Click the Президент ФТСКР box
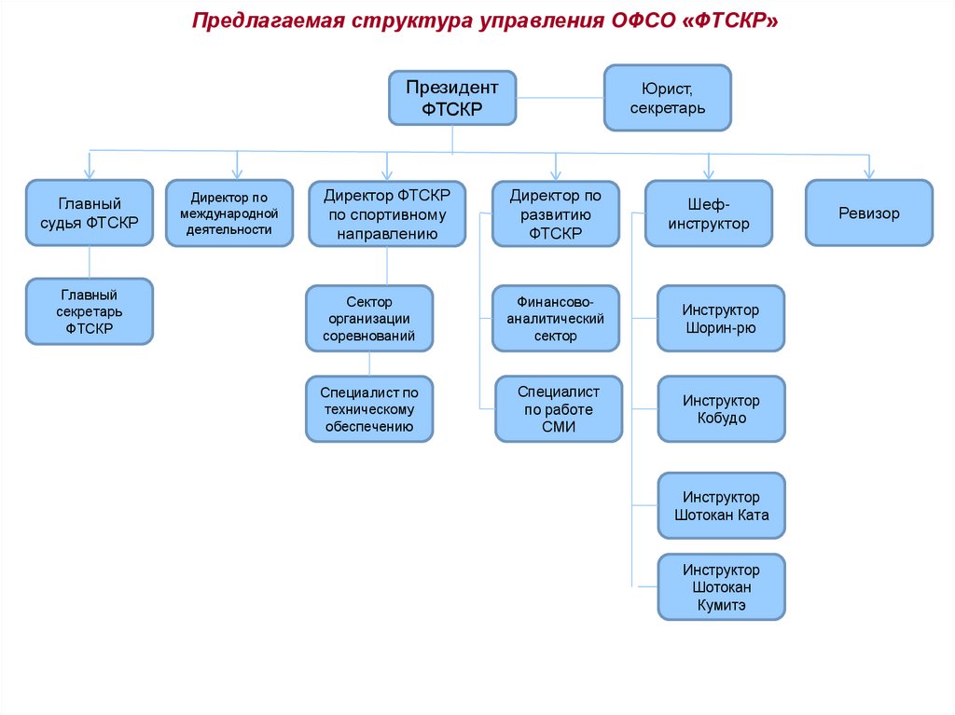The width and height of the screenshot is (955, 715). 452,98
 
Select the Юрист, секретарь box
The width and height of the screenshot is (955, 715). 667,98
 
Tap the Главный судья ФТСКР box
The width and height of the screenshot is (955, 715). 90,213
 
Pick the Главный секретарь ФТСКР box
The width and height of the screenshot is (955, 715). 90,311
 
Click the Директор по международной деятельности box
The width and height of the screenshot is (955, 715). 228,213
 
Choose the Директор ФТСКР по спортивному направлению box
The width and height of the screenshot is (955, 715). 387,213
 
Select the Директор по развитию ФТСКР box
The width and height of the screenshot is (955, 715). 556,213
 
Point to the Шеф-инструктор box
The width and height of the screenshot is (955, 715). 709,213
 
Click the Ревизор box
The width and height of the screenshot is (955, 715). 868,213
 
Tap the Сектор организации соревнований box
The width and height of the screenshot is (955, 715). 369,318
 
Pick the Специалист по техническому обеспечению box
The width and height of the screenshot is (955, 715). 369,408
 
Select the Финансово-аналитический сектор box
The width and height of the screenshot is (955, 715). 556,318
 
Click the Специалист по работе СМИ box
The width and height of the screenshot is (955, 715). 558,408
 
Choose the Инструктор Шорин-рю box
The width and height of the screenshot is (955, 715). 721,318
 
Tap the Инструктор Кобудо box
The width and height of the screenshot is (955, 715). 721,408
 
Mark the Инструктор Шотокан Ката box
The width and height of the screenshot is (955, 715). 721,505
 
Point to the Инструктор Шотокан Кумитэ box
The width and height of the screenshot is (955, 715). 721,587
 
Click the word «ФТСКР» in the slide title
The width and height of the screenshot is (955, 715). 731,21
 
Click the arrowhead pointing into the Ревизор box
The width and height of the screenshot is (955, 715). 868,172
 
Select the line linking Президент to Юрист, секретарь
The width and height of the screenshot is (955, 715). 560,96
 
